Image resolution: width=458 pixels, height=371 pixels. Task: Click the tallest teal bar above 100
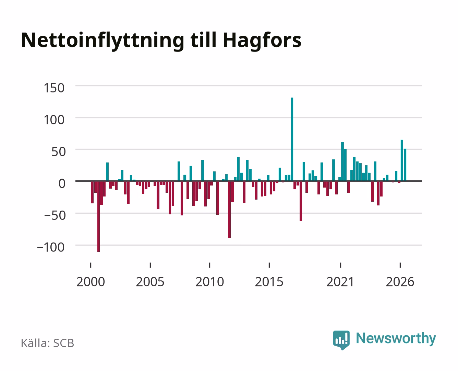pyautogui.click(x=292, y=139)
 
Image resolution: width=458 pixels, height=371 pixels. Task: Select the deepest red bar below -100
pyautogui.click(x=98, y=216)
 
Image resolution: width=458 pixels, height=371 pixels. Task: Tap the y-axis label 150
pyautogui.click(x=54, y=88)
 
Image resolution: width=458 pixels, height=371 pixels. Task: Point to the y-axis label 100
pyautogui.click(x=54, y=120)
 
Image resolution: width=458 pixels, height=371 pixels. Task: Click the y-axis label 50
pyautogui.click(x=58, y=152)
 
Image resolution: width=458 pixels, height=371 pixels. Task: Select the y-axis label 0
pyautogui.click(x=62, y=183)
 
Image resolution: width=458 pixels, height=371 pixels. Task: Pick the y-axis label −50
pyautogui.click(x=55, y=215)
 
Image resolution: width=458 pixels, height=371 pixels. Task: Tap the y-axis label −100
pyautogui.click(x=51, y=247)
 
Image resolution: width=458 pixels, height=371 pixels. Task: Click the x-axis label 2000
pyautogui.click(x=91, y=282)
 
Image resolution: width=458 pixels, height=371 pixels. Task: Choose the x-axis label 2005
pyautogui.click(x=150, y=282)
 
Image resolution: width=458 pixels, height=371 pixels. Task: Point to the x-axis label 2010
pyautogui.click(x=210, y=282)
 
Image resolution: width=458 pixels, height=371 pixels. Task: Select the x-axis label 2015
pyautogui.click(x=269, y=282)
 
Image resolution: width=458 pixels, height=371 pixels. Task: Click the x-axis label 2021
pyautogui.click(x=340, y=282)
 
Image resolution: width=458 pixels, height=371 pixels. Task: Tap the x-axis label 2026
pyautogui.click(x=400, y=282)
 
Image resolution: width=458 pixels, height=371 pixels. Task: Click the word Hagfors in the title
pyautogui.click(x=262, y=41)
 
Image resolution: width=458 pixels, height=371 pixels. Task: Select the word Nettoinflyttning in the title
pyautogui.click(x=103, y=41)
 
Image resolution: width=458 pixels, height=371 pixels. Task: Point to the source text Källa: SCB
pyautogui.click(x=48, y=343)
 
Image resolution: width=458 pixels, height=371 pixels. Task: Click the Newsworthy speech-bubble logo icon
pyautogui.click(x=341, y=340)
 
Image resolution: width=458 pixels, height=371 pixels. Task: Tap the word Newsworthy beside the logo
pyautogui.click(x=396, y=339)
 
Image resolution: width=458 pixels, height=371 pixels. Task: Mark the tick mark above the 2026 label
pyautogui.click(x=400, y=265)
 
